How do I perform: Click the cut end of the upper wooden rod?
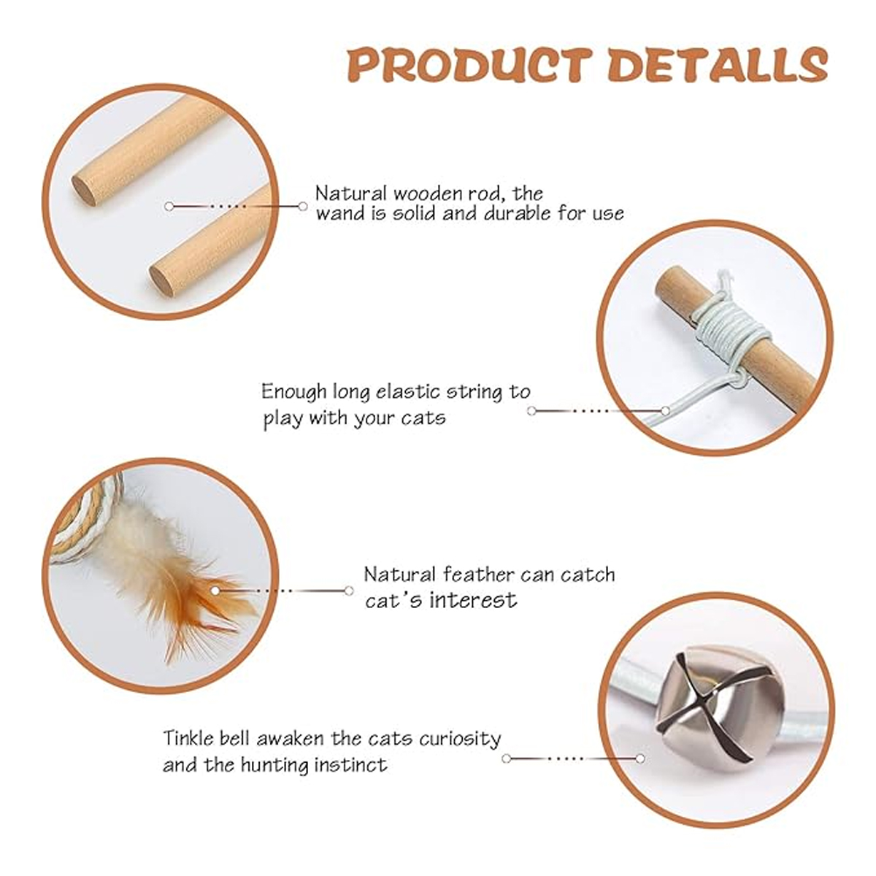pyautogui.click(x=84, y=191)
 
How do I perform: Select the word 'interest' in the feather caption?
pyautogui.click(x=474, y=601)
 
